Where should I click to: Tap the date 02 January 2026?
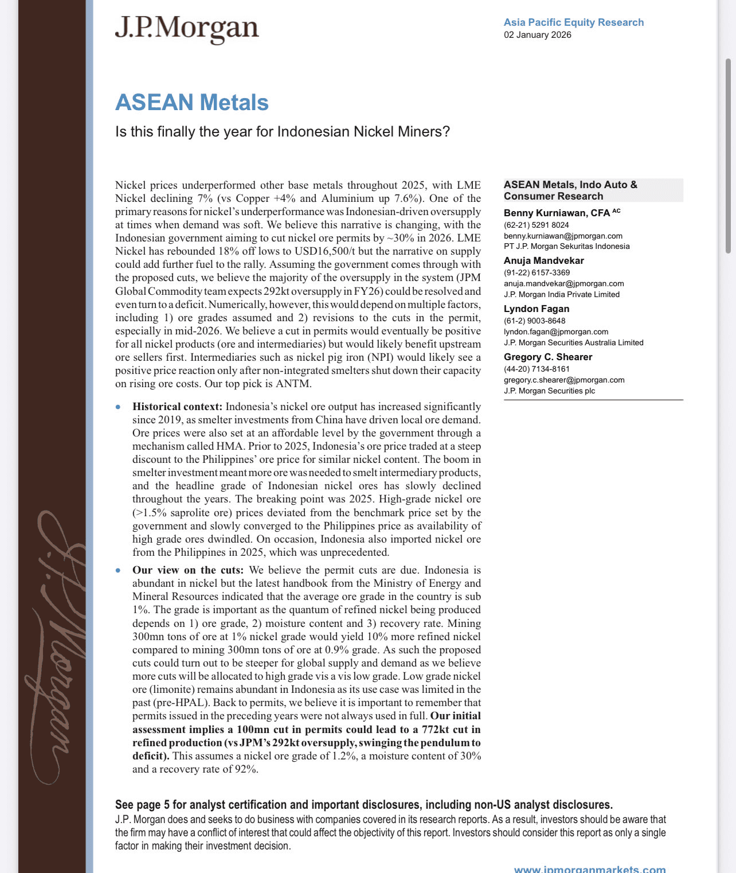[x=537, y=35]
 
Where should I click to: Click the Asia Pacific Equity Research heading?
[x=573, y=22]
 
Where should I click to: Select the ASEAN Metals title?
[x=191, y=102]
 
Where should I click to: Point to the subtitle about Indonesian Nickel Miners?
[x=282, y=132]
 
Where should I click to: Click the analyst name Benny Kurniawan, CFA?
[x=557, y=213]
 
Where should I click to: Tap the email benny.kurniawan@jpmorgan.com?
[x=562, y=236]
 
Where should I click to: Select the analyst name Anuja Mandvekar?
[x=543, y=260]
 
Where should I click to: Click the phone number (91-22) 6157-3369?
[x=537, y=272]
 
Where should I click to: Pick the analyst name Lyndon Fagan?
[x=536, y=309]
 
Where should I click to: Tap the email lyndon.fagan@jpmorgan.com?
[x=555, y=332]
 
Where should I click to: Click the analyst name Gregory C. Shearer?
[x=547, y=357]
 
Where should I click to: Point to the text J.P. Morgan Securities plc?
[x=549, y=391]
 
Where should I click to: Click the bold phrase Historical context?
[x=177, y=407]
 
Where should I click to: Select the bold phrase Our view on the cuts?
[x=188, y=570]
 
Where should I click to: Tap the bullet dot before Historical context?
[x=118, y=407]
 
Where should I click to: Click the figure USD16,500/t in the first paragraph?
[x=326, y=251]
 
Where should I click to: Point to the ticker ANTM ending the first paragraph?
[x=293, y=384]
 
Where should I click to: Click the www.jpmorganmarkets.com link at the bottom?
[x=589, y=869]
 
